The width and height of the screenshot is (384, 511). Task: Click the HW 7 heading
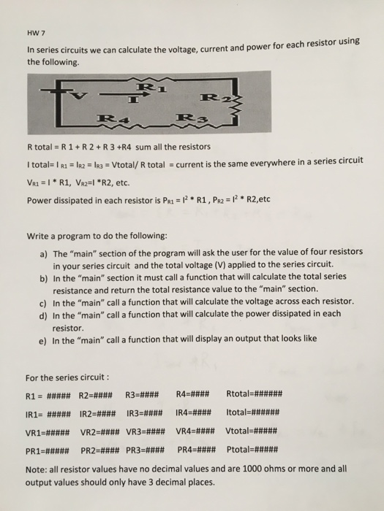click(34, 34)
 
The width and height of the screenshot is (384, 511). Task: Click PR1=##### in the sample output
click(48, 448)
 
